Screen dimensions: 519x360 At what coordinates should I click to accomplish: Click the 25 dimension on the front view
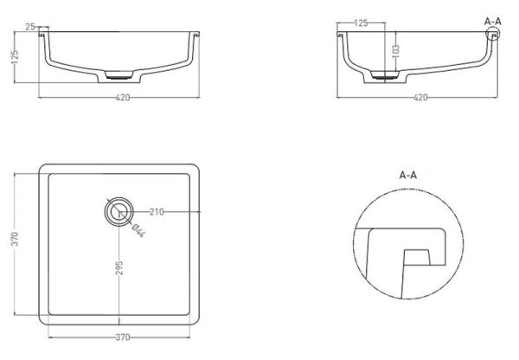pyautogui.click(x=30, y=27)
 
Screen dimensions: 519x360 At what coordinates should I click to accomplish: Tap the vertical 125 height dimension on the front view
pyautogui.click(x=15, y=57)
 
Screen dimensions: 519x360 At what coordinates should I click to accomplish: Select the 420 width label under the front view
pyautogui.click(x=123, y=98)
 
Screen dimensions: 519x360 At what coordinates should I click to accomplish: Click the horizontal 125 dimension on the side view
pyautogui.click(x=361, y=22)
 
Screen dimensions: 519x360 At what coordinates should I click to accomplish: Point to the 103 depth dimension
pyautogui.click(x=395, y=51)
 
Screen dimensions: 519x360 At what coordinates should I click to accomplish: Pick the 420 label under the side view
pyautogui.click(x=420, y=98)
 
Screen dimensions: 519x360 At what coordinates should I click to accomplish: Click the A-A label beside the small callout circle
pyautogui.click(x=493, y=22)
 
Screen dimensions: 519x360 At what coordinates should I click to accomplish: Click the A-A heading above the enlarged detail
pyautogui.click(x=407, y=175)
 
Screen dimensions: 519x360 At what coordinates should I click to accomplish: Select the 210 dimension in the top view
pyautogui.click(x=157, y=212)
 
